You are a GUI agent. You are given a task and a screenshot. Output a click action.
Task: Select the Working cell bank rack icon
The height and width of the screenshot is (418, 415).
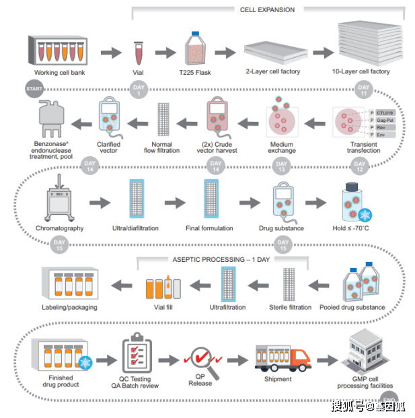point(60,50)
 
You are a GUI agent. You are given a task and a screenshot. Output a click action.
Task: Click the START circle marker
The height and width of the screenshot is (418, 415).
point(34,88)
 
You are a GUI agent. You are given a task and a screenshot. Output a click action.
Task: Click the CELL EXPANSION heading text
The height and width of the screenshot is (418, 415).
point(267,9)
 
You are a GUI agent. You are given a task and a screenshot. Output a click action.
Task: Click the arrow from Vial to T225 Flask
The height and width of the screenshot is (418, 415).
point(165,52)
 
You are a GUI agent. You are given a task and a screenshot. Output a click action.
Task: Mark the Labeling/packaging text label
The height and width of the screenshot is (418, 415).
point(69,308)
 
